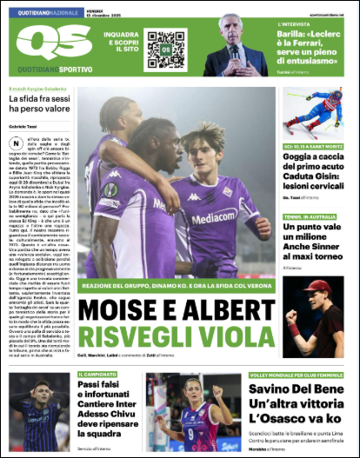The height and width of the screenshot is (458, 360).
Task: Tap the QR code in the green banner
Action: click(x=165, y=48)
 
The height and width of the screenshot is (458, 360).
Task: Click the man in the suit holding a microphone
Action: click(x=236, y=45)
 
